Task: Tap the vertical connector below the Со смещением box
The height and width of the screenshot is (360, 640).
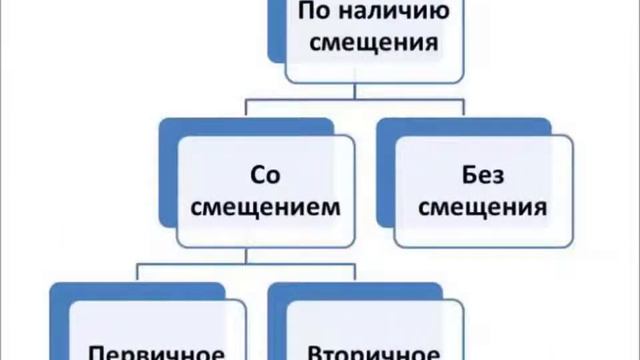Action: (250, 256)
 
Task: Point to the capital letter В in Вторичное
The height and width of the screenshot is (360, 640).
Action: (312, 352)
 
